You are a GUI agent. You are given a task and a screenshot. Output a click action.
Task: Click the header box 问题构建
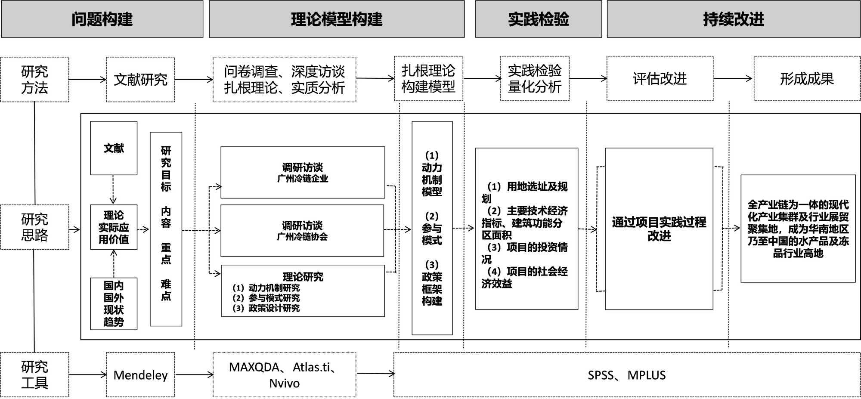click(102, 19)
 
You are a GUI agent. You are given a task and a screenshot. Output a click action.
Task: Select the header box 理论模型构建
click(337, 19)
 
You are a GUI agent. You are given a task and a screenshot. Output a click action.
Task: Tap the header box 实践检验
click(538, 19)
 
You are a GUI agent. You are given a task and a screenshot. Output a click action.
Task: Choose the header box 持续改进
click(734, 19)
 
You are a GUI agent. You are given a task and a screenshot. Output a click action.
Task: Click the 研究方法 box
click(34, 80)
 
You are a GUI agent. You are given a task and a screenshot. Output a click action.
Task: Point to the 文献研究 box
click(140, 80)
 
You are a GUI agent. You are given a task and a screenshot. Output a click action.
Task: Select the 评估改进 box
click(660, 79)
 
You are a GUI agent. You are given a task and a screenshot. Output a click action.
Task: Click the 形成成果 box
click(807, 79)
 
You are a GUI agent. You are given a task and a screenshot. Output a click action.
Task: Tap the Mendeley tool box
click(140, 375)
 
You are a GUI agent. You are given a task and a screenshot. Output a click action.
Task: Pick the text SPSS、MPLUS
click(626, 375)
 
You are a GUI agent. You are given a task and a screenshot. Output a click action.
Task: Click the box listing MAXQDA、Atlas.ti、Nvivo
click(284, 375)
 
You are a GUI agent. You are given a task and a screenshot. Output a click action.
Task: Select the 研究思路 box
click(34, 227)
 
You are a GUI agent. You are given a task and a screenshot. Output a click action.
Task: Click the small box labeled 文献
click(114, 148)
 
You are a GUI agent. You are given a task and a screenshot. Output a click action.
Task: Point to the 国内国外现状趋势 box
click(114, 303)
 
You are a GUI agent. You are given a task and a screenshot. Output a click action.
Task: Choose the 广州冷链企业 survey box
click(303, 173)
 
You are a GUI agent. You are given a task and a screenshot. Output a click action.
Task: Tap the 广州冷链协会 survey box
click(302, 231)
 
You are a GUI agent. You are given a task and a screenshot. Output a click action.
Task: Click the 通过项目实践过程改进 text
click(659, 229)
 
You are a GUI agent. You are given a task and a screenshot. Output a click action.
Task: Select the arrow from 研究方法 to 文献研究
click(87, 79)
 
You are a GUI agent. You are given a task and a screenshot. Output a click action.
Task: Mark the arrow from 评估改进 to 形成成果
click(733, 78)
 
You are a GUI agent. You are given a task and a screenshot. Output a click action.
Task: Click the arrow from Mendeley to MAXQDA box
click(194, 374)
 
